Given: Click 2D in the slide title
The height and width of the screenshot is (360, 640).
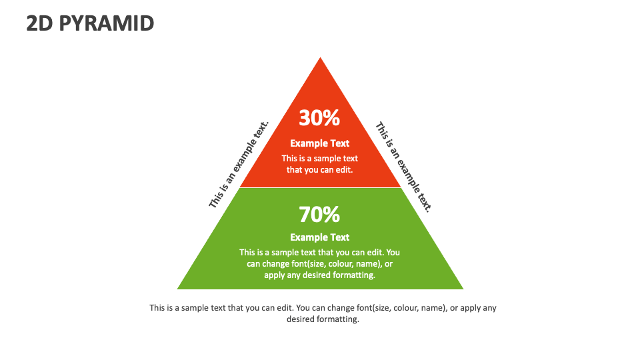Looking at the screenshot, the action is point(41,23).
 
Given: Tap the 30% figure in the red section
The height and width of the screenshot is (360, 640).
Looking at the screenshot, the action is point(319,118).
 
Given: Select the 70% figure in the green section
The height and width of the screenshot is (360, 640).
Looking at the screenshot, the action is point(319,215).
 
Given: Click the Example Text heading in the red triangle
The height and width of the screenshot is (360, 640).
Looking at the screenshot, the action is point(319,143).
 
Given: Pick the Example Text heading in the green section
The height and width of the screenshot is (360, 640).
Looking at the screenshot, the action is point(319,237).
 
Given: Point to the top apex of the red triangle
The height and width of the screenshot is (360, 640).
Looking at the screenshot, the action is point(320,59).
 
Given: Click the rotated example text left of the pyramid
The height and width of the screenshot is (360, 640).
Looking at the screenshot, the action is point(239,164).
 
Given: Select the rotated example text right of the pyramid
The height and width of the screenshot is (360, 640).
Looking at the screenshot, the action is point(404,167).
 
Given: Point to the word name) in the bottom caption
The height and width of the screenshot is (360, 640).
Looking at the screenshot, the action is point(434,308).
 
